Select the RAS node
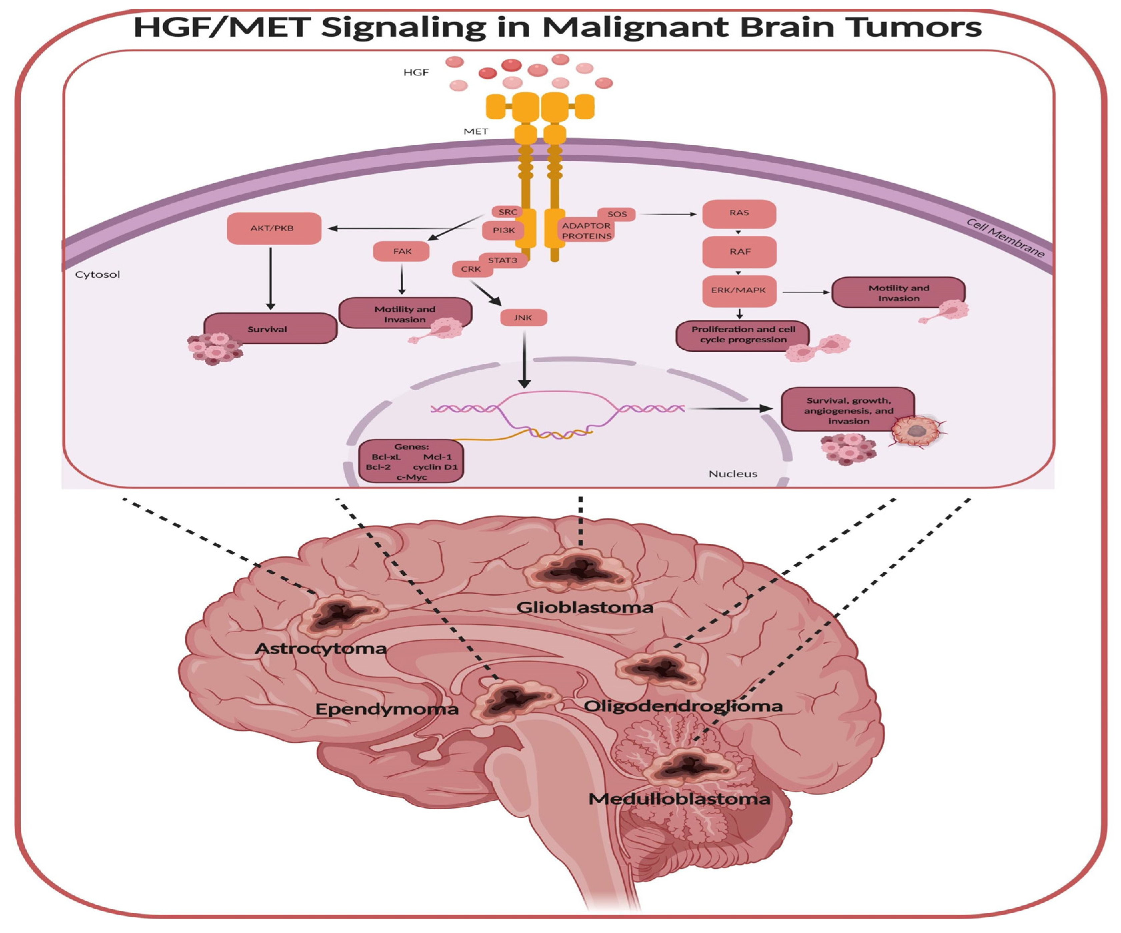coord(739,213)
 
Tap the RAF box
coord(739,251)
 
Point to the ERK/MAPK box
coord(739,290)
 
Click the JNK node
coord(523,318)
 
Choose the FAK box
coord(401,251)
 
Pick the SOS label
coord(617,214)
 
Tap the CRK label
coord(471,269)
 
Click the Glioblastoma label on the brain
coord(585,608)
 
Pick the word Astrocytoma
coord(320,649)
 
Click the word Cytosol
coord(98,274)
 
